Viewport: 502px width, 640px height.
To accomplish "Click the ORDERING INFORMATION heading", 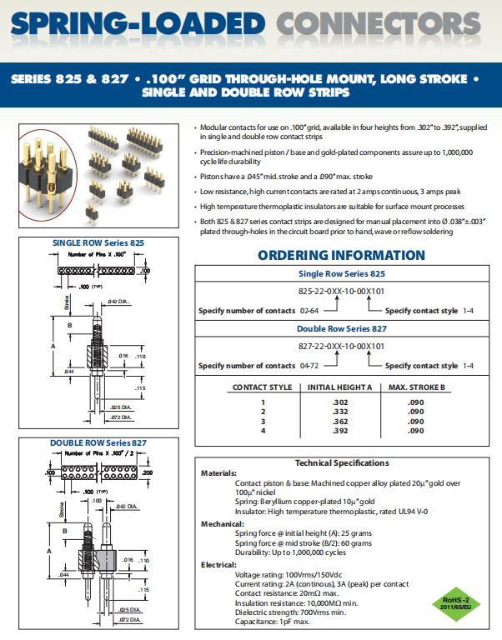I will (341, 256).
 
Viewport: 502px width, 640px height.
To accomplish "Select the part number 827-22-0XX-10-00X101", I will (341, 346).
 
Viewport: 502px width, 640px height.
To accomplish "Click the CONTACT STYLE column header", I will (261, 387).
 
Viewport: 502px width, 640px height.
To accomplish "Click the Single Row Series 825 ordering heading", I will (341, 274).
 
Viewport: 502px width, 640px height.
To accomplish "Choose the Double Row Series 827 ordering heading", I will (341, 327).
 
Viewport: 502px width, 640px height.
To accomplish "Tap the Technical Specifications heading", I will (342, 462).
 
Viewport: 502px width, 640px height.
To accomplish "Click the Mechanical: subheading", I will (222, 523).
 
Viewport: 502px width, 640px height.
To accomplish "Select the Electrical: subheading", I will (218, 564).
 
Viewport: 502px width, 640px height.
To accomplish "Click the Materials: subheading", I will (219, 473).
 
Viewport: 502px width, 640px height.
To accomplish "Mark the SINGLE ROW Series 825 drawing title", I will (98, 242).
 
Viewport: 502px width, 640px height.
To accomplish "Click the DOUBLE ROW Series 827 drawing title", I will (98, 442).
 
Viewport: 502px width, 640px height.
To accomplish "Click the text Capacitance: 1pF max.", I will (273, 621).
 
